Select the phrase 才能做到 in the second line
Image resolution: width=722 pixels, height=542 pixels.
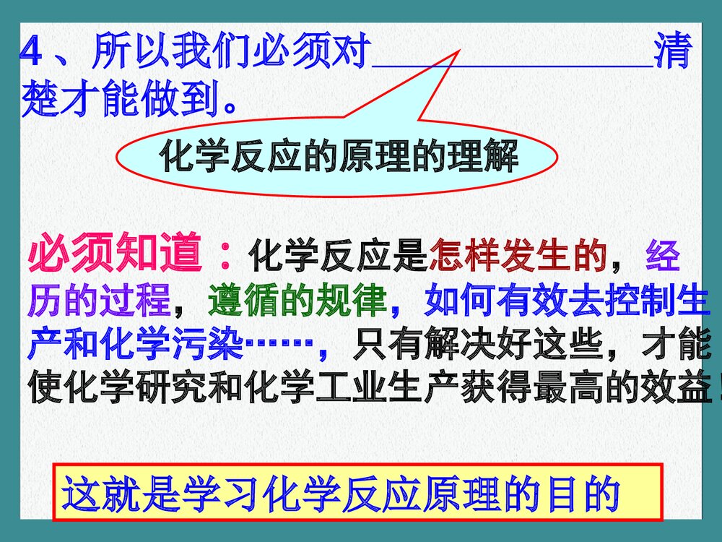144,100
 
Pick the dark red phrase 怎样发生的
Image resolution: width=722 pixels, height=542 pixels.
518,256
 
